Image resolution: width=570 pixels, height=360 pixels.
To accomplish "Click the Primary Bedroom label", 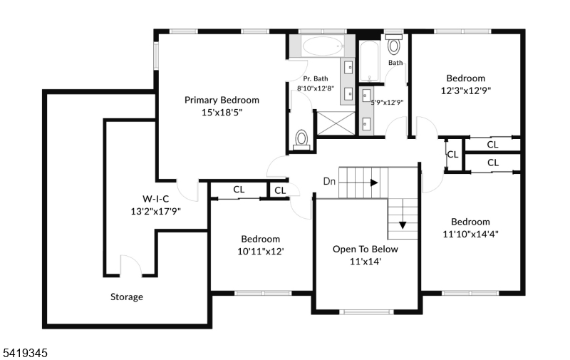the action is pos(222,100).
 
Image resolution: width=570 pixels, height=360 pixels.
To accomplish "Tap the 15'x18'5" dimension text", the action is pos(222,113).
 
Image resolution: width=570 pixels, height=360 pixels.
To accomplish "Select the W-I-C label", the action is pos(155,199).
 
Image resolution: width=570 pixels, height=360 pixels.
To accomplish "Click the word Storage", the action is pos(127,297).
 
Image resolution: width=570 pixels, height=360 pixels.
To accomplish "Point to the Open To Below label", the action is pos(366,249).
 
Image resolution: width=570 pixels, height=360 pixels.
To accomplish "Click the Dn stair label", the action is pos(329,181).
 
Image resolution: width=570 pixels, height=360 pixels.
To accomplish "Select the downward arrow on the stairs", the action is pos(403,225).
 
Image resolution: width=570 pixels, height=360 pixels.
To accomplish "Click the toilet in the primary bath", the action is pos(301,140).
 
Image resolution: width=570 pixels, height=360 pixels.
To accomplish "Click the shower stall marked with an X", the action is pos(336,123).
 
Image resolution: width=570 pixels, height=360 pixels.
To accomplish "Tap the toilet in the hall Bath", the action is pos(394,44).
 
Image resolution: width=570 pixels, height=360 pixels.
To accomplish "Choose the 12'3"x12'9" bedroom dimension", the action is pos(466,91).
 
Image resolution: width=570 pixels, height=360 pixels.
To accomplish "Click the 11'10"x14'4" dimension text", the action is pos(470,235).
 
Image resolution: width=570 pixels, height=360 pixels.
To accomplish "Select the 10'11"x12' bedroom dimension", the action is pos(261,251).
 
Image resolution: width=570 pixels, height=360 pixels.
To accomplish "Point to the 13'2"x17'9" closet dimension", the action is pos(155,211).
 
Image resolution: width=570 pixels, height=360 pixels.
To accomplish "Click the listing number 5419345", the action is pos(26,353).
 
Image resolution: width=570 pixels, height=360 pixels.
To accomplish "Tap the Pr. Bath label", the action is pos(316,78).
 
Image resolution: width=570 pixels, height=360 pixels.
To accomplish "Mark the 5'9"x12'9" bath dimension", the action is pos(387,103).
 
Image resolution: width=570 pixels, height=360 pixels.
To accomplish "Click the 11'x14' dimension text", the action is pos(366,262).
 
